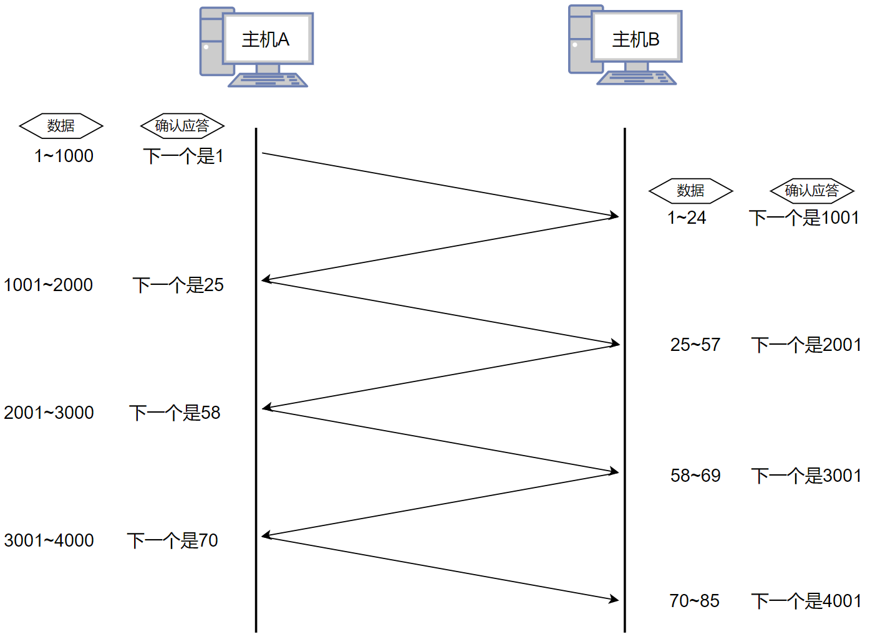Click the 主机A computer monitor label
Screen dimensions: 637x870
(x=266, y=39)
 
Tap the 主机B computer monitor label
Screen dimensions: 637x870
(x=636, y=39)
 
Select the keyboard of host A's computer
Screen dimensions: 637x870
(x=268, y=80)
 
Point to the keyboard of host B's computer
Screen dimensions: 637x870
(x=636, y=78)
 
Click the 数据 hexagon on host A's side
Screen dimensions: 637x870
(x=61, y=126)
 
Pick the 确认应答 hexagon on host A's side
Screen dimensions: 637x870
(x=182, y=126)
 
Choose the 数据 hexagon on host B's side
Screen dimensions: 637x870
(x=690, y=191)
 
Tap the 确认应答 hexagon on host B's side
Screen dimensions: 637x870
(x=811, y=191)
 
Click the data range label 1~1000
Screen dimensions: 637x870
(x=64, y=156)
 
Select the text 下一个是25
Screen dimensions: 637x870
(x=178, y=285)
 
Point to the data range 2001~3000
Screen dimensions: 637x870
(x=49, y=413)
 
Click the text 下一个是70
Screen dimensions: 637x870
(x=173, y=540)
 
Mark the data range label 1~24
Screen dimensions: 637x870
(x=687, y=218)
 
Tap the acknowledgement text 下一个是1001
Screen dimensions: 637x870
(x=804, y=218)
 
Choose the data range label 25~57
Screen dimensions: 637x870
(x=695, y=345)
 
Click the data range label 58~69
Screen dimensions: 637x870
(x=695, y=476)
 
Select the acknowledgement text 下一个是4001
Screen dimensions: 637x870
(x=806, y=601)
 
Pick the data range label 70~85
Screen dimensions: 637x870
(x=694, y=601)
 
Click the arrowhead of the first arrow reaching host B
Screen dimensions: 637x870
(x=614, y=216)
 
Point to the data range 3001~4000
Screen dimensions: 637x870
(x=49, y=540)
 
